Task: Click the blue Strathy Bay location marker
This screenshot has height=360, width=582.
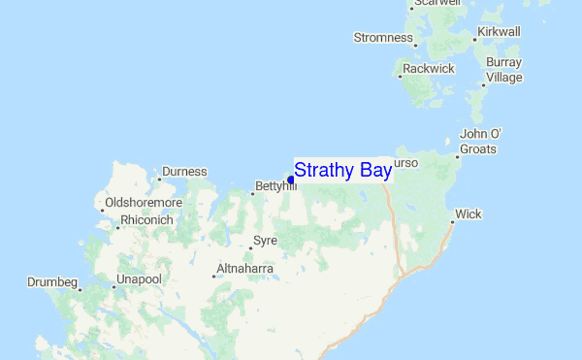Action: tap(291, 180)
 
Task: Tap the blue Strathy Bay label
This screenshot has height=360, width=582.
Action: tap(342, 171)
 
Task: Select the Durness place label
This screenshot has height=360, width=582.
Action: tap(184, 172)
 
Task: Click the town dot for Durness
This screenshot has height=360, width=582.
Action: tap(159, 180)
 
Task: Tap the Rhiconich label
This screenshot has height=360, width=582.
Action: tap(147, 220)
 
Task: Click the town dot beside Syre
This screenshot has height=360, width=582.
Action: tap(249, 248)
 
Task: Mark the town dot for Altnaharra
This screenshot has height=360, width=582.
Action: tap(213, 277)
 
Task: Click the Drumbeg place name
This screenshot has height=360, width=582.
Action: tap(52, 282)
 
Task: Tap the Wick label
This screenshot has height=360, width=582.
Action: tap(468, 213)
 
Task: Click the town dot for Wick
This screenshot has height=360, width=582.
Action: tap(452, 222)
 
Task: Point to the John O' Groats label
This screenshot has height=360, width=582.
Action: tap(478, 142)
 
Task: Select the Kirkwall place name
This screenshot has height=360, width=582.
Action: tap(500, 32)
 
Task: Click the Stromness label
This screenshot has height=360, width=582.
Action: tap(384, 38)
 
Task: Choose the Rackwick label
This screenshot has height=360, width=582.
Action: tap(429, 69)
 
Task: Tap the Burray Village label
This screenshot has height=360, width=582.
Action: tap(504, 70)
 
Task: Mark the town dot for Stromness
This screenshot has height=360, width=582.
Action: tap(415, 45)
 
